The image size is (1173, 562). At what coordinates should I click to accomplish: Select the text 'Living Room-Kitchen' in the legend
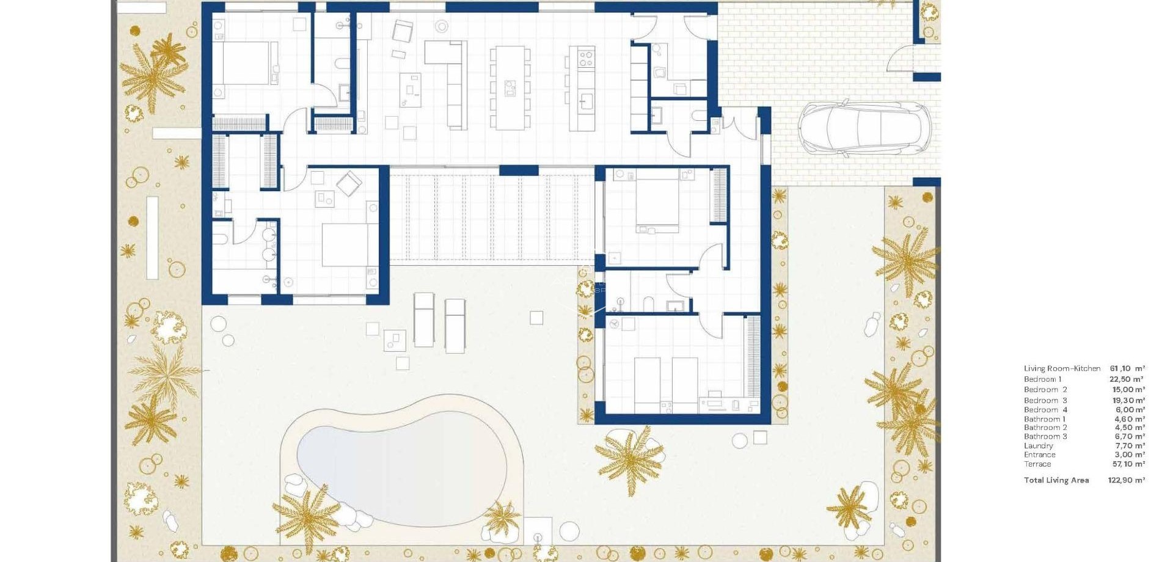coord(1062,368)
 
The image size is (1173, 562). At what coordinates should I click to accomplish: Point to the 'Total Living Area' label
coord(1056,480)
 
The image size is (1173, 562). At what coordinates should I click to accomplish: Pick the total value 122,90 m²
coord(1127,480)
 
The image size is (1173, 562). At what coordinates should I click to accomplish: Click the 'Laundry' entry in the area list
coord(1039,446)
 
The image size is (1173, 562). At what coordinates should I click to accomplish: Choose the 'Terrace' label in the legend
coord(1037,464)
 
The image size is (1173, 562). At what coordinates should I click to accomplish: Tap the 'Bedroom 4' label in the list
coord(1045,410)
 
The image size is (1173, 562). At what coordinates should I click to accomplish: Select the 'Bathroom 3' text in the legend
coord(1045,436)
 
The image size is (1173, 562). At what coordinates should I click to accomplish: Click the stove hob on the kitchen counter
coord(585,59)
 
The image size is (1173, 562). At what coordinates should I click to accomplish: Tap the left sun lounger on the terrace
coord(423,319)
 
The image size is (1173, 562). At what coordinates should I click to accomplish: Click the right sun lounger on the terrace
coord(455,325)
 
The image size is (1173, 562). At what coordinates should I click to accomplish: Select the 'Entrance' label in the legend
coord(1039,454)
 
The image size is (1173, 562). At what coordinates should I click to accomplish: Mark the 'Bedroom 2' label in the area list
coord(1045,390)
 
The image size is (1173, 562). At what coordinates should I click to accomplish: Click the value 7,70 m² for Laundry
coord(1128,446)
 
